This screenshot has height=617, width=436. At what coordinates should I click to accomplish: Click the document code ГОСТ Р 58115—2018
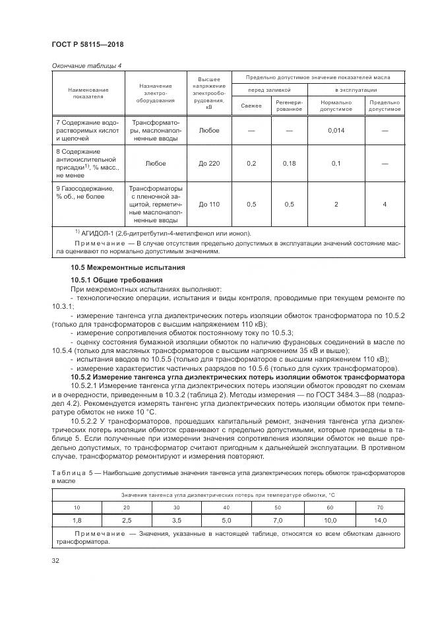87,44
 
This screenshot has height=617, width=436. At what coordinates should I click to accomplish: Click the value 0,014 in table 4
336,131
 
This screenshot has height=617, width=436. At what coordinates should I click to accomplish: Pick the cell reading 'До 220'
209,163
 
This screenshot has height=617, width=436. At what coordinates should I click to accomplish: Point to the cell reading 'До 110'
209,205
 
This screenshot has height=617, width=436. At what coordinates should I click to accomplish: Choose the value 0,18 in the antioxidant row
289,163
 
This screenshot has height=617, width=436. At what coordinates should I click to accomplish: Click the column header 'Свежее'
251,106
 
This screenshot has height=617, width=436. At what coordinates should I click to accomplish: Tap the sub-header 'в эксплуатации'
356,89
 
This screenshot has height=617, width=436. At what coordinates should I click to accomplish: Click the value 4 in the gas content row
385,205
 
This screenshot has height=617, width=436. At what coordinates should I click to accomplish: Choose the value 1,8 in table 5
77,520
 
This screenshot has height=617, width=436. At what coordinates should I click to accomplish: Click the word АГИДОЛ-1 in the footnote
100,232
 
